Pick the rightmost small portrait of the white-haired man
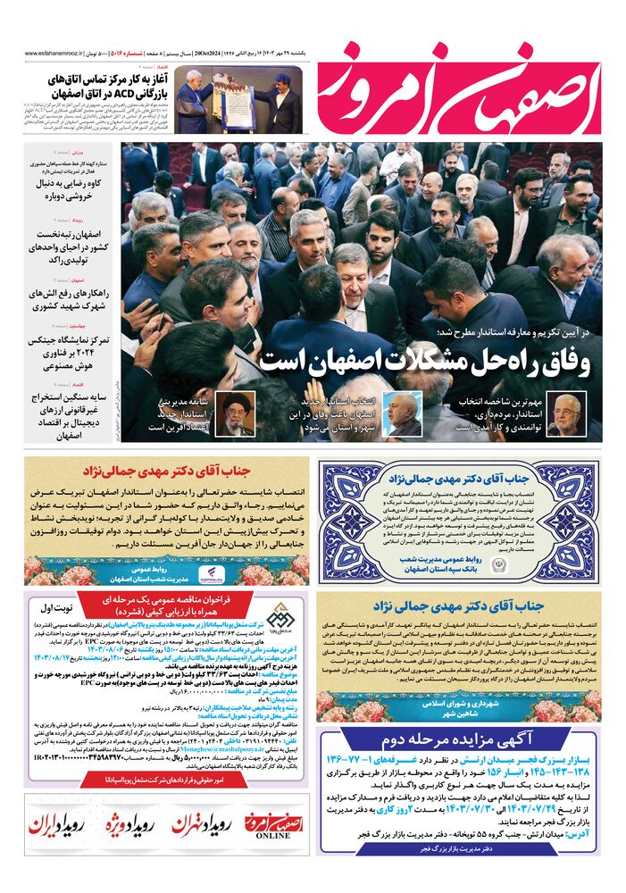566,413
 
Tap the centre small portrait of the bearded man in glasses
402,413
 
